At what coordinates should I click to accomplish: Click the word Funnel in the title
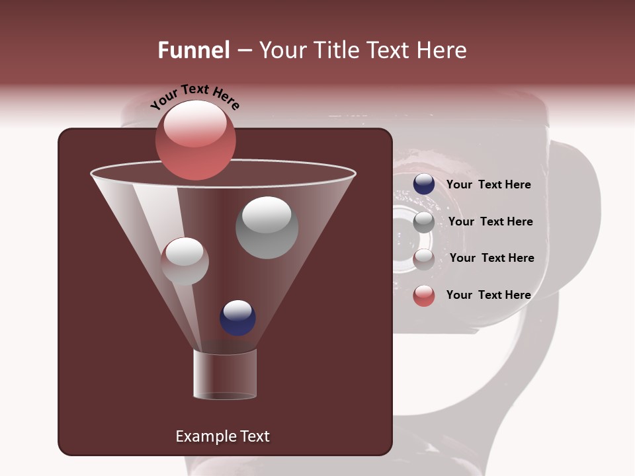(193, 50)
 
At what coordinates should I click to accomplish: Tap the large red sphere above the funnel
(195, 139)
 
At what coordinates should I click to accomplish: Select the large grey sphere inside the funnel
(267, 227)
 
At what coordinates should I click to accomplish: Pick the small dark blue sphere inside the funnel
(237, 317)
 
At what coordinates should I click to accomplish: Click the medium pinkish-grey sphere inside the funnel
(185, 261)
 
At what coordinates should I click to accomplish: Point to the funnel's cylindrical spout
(224, 374)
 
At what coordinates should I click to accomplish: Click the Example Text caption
(222, 436)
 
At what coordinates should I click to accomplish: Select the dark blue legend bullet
(424, 184)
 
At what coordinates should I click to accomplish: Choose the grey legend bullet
(424, 222)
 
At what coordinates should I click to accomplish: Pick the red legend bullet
(424, 296)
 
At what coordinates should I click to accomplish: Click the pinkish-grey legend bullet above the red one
(424, 259)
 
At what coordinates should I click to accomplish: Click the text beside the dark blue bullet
(488, 185)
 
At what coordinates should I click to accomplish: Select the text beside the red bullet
(488, 295)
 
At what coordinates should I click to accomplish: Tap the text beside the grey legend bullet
(490, 222)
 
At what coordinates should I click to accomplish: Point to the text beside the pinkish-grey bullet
(491, 258)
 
